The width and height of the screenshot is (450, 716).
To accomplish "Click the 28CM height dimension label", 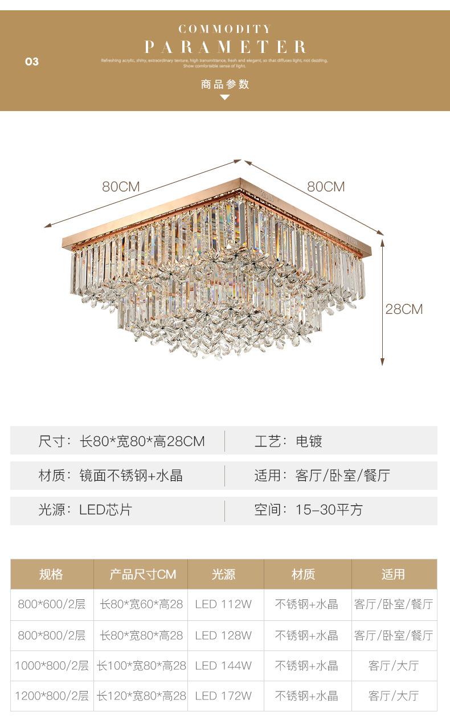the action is (404, 309).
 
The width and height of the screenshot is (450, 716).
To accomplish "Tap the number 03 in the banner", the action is (32, 62).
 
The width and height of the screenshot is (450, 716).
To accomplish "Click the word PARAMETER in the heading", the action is (226, 47).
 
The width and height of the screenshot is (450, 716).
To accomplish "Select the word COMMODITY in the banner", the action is (225, 28).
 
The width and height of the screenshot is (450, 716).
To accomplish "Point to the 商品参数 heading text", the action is (225, 84).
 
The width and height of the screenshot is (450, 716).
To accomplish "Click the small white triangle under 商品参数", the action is (225, 97).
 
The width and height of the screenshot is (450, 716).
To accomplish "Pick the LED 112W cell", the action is (223, 604).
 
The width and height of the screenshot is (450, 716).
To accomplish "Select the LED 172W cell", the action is (223, 695).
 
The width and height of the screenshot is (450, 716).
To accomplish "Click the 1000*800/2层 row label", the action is (51, 665).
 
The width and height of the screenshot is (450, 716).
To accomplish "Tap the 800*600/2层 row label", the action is (51, 604).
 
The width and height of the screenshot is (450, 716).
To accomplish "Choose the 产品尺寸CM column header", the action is (143, 574).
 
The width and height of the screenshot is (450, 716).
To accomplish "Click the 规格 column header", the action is (51, 574).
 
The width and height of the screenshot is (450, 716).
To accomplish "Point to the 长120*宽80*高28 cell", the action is (142, 695).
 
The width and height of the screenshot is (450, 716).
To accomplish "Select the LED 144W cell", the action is (223, 665).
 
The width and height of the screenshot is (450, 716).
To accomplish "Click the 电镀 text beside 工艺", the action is (309, 441).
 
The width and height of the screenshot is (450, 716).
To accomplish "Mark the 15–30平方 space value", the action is (329, 509).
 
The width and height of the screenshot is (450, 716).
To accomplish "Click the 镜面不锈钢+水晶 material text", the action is (131, 476).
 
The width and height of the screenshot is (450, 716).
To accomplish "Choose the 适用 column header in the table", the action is (393, 574).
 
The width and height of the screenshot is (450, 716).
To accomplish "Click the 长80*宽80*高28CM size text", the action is (142, 441).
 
